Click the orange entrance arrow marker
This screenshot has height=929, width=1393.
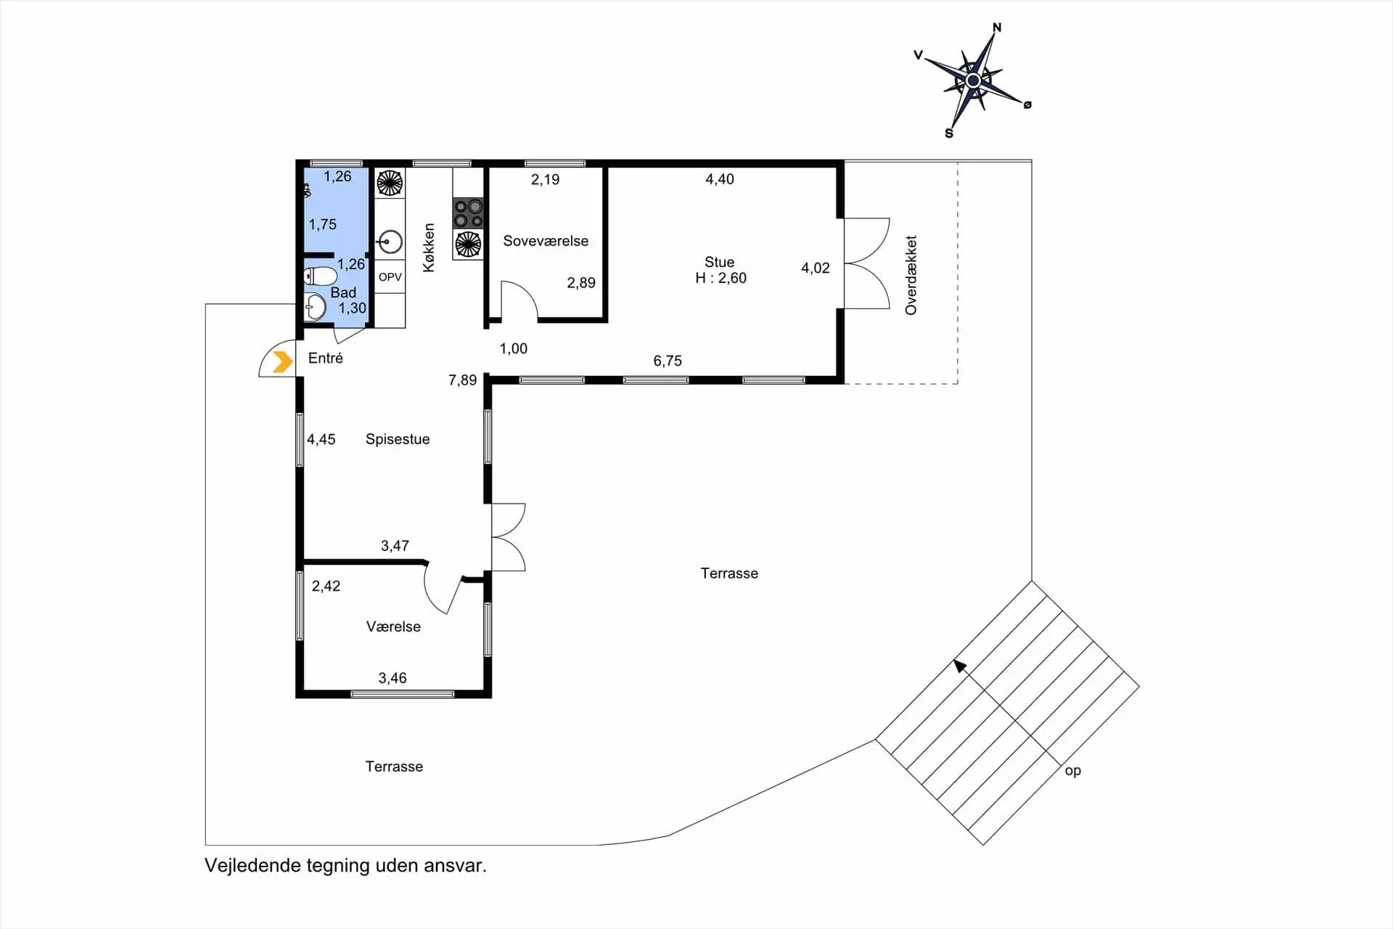tap(282, 361)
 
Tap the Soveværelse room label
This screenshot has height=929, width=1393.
tap(546, 241)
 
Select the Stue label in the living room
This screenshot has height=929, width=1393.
tap(719, 262)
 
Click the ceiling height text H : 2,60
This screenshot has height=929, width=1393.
tap(720, 278)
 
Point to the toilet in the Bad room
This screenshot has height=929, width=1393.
tap(320, 277)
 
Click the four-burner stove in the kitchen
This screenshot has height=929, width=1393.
tap(468, 213)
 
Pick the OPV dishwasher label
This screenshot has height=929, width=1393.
tap(390, 277)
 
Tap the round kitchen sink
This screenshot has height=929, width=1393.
tap(390, 242)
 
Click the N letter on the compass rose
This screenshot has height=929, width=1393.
tap(997, 28)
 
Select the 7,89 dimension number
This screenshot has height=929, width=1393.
tap(462, 380)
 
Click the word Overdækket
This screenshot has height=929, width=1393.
tap(911, 275)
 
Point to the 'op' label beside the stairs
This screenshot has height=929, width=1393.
tap(1072, 771)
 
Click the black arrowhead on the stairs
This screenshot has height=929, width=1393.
tap(960, 666)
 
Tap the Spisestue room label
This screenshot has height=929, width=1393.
tap(398, 439)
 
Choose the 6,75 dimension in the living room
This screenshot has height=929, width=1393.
tap(667, 361)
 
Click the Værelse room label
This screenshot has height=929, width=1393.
tap(393, 626)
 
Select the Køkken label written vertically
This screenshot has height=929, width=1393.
tap(429, 247)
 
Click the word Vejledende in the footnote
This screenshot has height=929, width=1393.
tap(252, 866)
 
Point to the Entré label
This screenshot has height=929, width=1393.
tap(325, 358)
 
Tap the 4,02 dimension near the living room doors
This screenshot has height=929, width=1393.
tap(815, 268)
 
